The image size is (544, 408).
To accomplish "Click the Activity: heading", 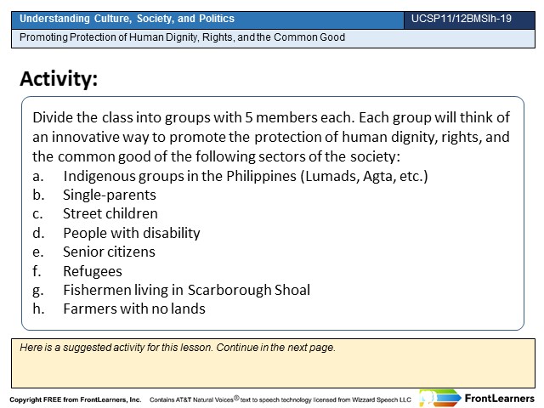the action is click(x=59, y=79).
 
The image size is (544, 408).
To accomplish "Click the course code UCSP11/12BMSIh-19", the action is click(x=462, y=19).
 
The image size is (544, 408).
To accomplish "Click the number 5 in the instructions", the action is click(x=249, y=117).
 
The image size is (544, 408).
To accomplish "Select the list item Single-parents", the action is click(x=110, y=195).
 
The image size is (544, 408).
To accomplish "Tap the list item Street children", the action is click(x=110, y=213).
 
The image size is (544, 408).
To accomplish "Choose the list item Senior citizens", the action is click(x=109, y=252).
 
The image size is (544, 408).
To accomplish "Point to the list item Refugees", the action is click(x=93, y=272).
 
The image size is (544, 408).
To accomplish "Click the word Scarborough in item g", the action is click(x=229, y=291).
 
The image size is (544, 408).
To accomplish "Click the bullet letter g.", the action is click(x=37, y=291).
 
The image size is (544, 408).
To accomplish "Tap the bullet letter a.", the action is click(x=37, y=177).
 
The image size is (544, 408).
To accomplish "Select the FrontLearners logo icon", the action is click(x=439, y=398).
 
